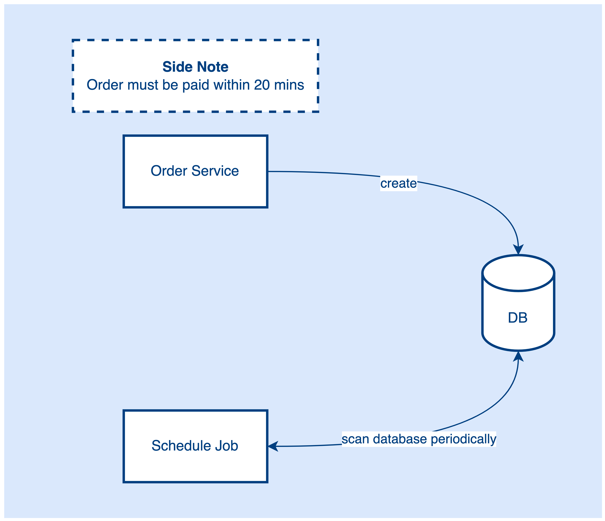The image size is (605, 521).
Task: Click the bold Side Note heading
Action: (195, 67)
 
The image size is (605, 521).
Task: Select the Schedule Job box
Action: (195, 467)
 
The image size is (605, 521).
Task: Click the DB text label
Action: (518, 318)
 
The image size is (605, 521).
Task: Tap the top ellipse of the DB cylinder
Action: (518, 273)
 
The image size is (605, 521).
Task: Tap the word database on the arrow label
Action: (400, 439)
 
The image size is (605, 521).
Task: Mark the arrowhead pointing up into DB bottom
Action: (518, 356)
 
